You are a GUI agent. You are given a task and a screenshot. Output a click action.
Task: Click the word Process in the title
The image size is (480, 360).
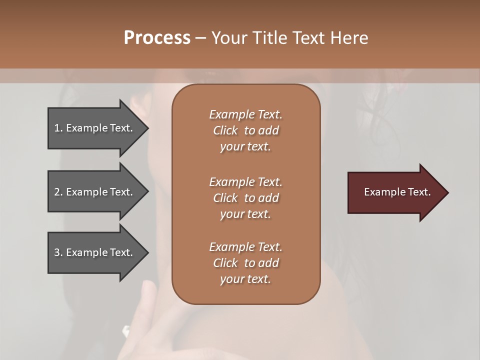tap(157, 38)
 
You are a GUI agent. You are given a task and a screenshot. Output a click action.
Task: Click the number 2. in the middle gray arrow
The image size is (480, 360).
tap(58, 192)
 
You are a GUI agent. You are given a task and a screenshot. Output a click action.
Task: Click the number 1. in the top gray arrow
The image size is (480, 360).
tap(58, 128)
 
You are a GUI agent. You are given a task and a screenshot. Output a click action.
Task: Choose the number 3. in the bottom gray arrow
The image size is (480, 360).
tap(58, 252)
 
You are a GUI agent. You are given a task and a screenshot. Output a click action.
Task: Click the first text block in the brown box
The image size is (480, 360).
tap(245, 130)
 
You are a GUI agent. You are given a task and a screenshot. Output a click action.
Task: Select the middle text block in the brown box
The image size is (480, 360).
tap(245, 198)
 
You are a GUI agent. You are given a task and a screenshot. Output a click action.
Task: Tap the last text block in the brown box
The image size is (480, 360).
tap(245, 263)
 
